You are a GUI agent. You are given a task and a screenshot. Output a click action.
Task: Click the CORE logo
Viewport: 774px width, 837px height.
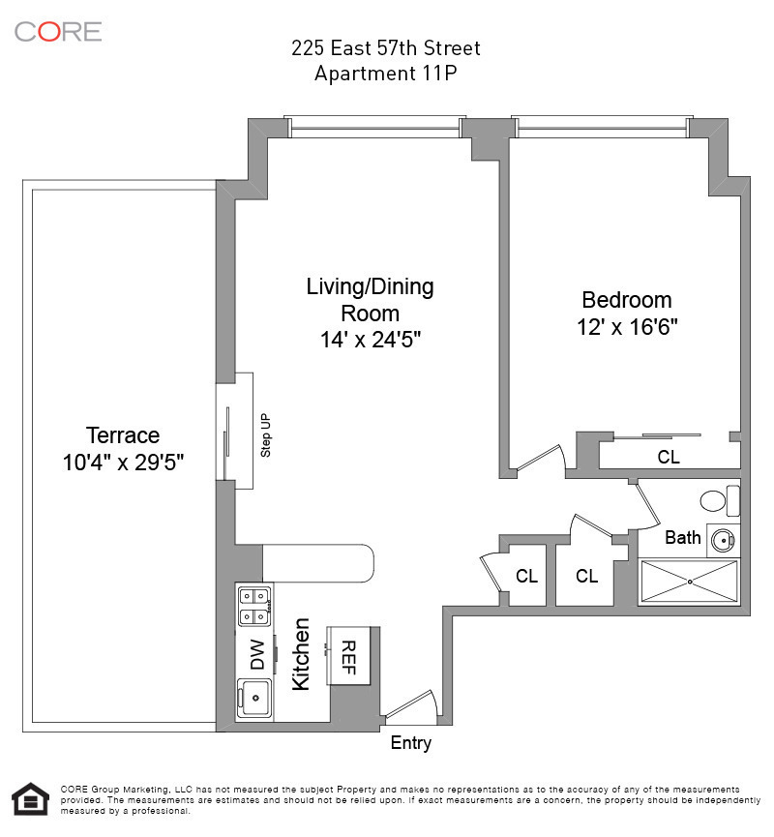coord(58,32)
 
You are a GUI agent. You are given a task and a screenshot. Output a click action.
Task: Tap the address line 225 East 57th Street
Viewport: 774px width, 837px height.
coord(385,48)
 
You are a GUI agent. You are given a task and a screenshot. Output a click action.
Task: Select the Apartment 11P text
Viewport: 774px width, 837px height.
coord(385,74)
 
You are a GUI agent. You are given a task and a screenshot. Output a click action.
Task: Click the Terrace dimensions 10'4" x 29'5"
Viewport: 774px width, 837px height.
coord(123,463)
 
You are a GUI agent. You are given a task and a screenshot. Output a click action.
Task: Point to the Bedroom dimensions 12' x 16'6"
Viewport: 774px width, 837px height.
coord(627,327)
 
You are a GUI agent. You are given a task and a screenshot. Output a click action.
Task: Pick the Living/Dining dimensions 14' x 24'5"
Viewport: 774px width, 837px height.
coord(371,340)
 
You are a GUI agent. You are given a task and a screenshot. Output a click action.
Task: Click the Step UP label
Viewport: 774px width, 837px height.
coord(265,435)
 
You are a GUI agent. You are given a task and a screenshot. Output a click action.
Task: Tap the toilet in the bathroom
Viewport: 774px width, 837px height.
coord(720,500)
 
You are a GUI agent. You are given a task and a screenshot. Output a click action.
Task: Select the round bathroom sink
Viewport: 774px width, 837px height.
coord(724,541)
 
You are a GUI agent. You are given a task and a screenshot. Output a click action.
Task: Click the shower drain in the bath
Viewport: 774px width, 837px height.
coord(690,582)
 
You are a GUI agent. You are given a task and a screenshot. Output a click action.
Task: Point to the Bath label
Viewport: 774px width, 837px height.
coord(683,538)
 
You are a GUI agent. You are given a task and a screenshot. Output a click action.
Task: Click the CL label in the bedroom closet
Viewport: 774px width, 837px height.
coord(669,458)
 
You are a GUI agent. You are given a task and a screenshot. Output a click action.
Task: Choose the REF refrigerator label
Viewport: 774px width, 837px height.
coord(348,658)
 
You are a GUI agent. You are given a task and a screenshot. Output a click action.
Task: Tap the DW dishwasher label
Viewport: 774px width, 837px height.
coord(257,655)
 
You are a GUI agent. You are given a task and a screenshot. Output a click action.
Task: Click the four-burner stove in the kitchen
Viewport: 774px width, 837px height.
coord(254,606)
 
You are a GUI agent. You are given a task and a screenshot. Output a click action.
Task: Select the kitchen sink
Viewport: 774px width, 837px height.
coord(254,698)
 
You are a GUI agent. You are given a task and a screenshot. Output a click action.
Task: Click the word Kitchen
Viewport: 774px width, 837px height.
coord(301,654)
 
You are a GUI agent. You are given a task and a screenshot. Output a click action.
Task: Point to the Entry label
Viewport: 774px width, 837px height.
coord(411,743)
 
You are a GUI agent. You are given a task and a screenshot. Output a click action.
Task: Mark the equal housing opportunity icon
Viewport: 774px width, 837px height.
coord(31,799)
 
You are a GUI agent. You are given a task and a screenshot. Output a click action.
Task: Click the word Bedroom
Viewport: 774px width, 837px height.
coord(627,300)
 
